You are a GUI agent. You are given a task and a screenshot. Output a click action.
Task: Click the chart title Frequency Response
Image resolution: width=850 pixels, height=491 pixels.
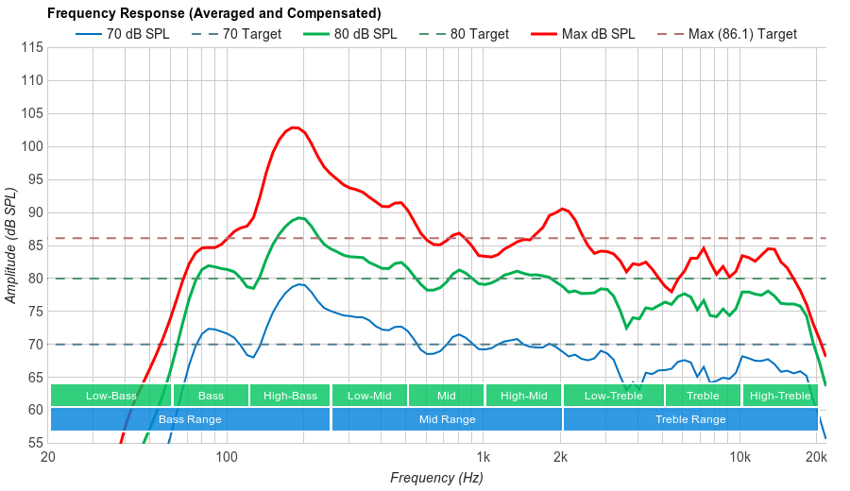coord(213,13)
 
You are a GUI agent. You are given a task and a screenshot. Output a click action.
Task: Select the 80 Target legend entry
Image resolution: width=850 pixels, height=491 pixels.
coord(479,34)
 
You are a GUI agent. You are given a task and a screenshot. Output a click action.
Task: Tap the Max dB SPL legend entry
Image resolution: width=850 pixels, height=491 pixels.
coord(598,34)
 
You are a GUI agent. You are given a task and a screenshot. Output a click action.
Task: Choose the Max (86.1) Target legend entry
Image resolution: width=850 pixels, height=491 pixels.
coord(742,34)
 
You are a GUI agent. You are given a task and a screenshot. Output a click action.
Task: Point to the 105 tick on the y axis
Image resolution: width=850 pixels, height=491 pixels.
coord(32,113)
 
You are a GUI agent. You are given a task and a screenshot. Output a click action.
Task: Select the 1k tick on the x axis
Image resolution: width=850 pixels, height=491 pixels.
coord(484,457)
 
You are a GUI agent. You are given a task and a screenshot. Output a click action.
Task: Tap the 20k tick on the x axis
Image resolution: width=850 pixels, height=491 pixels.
coord(817,457)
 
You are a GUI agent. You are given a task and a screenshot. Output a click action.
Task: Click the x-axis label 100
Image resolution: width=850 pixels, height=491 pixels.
coord(227,457)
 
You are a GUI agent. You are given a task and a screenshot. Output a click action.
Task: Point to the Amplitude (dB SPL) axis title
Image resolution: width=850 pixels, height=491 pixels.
coord(11,245)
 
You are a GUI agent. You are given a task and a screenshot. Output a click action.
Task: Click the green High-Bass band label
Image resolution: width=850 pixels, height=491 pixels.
coord(290,396)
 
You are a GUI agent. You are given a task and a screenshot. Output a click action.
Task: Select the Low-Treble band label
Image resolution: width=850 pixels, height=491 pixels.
coord(613,396)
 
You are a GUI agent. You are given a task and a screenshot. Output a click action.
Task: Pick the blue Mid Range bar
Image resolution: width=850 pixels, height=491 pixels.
coord(447,419)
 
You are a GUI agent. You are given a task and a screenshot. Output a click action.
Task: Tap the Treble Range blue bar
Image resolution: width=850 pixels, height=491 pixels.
coord(690,419)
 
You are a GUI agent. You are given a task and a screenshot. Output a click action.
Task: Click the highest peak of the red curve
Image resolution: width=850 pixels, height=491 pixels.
coord(295,127)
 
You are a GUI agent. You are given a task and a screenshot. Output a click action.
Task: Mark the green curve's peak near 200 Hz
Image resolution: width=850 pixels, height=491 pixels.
coord(300,217)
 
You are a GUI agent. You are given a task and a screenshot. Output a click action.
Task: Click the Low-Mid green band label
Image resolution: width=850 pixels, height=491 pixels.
coord(368,396)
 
